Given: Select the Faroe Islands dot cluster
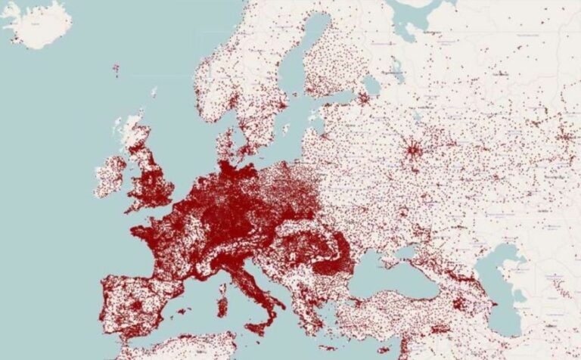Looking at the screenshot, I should click(x=116, y=70).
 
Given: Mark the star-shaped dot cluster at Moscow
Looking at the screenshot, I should click(x=412, y=149).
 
